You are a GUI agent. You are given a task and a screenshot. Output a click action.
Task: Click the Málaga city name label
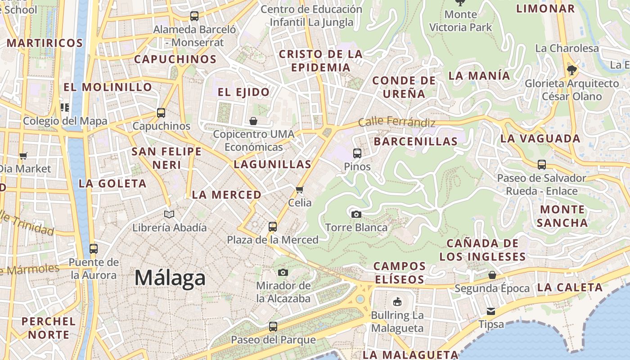pyautogui.click(x=170, y=278)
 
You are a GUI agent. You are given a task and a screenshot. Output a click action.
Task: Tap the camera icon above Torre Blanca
pyautogui.click(x=356, y=214)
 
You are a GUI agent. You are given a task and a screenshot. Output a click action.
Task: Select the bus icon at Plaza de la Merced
pyautogui.click(x=273, y=226)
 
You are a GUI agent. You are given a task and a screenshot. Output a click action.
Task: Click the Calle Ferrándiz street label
pyautogui.click(x=397, y=122)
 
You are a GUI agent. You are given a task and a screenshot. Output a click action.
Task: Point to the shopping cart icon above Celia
pyautogui.click(x=300, y=189)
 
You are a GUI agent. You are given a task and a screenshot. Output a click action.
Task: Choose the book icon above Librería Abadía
pyautogui.click(x=169, y=214)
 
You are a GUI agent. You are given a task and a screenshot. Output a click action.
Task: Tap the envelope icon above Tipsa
pyautogui.click(x=491, y=311)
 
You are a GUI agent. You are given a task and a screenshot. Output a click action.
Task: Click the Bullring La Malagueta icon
pyautogui.click(x=397, y=302)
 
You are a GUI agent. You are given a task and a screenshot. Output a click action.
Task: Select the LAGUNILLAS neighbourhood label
pyautogui.click(x=273, y=164)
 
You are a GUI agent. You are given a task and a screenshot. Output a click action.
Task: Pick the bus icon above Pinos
pyautogui.click(x=357, y=153)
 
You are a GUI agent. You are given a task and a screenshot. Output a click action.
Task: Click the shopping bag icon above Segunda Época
pyautogui.click(x=492, y=274)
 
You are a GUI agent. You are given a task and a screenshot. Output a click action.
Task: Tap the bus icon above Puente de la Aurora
pyautogui.click(x=94, y=248)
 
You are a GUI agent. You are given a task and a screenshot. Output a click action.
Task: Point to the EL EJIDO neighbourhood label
pyautogui.click(x=243, y=92)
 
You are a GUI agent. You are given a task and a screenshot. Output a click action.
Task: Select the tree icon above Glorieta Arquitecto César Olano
pyautogui.click(x=572, y=70)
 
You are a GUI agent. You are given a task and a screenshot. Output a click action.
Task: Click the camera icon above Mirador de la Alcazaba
pyautogui.click(x=283, y=272)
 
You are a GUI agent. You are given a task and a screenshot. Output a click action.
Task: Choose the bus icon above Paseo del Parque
pyautogui.click(x=273, y=327)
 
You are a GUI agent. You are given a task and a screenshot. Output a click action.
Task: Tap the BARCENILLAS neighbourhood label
pyautogui.click(x=416, y=141)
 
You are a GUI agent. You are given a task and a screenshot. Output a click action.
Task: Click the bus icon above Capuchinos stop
pyautogui.click(x=161, y=112)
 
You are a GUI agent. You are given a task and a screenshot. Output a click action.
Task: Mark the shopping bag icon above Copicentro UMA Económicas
pyautogui.click(x=253, y=121)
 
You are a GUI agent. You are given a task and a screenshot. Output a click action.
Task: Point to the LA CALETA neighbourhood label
pyautogui.click(x=570, y=287)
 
